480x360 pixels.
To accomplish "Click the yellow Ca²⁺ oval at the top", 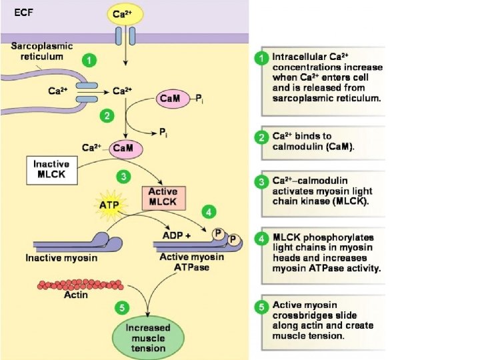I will tap(122, 13).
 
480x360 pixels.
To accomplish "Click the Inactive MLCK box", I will tap(52, 171).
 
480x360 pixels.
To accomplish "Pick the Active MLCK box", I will tap(163, 197).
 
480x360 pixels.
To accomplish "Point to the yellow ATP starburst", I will tap(109, 205).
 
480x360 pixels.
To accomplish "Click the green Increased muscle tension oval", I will tap(149, 337).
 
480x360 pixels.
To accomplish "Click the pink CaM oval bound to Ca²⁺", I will tap(121, 149).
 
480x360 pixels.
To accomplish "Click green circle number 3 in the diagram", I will tap(122, 177).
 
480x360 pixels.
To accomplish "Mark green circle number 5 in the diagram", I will tap(120, 307).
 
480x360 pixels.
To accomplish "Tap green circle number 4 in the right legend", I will tap(263, 239).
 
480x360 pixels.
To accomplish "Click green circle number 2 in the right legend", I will tap(263, 137).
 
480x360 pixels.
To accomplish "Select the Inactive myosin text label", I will tap(61, 257).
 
